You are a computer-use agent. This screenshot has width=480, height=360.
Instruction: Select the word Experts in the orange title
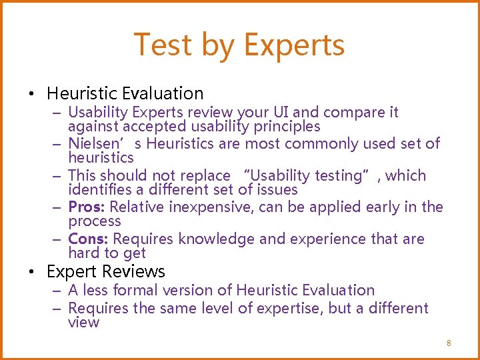coord(294,45)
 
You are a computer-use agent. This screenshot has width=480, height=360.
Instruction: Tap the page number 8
coord(449,343)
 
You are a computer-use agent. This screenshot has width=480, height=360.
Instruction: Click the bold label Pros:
coord(84,207)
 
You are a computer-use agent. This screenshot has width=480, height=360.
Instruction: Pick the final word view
coord(83,323)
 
